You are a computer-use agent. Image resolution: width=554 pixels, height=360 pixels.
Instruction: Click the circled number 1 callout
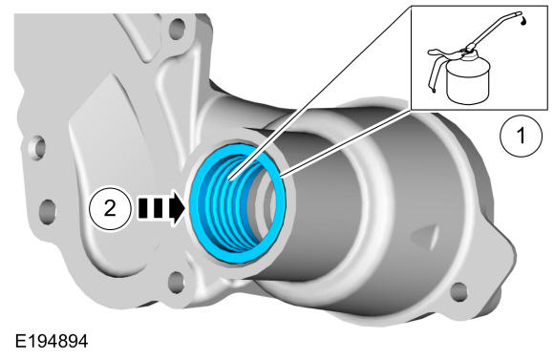pyautogui.click(x=522, y=136)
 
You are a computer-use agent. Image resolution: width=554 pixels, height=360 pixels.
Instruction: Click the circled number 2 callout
pyautogui.click(x=110, y=208)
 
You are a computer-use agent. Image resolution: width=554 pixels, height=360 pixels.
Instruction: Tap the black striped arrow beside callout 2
pyautogui.click(x=160, y=208)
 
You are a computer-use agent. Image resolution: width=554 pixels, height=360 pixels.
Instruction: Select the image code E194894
pyautogui.click(x=52, y=342)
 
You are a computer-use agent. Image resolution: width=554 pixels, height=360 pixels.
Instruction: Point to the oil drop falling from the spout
pyautogui.click(x=523, y=21)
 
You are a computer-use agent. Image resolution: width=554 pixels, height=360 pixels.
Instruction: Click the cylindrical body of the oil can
pyautogui.click(x=467, y=82)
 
